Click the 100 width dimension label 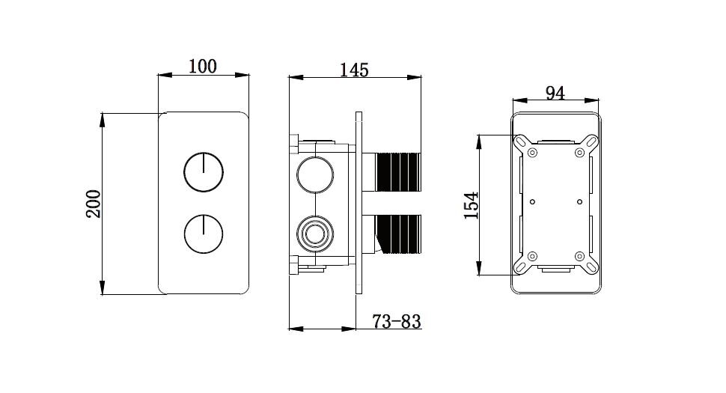[202, 66]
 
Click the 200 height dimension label [94, 204]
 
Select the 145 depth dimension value [354, 70]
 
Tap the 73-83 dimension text [397, 321]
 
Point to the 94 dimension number [555, 93]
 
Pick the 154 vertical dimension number [472, 205]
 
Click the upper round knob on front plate [204, 171]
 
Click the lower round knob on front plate [204, 234]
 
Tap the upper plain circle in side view [315, 174]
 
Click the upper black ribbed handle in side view [399, 171]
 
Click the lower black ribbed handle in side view [399, 234]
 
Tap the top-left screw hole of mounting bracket [532, 152]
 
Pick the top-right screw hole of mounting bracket [580, 152]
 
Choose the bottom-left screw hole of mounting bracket [532, 256]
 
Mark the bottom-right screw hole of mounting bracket [580, 256]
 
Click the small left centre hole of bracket [532, 202]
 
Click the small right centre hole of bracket [580, 202]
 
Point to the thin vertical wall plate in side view [359, 203]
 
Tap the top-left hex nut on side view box [294, 143]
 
